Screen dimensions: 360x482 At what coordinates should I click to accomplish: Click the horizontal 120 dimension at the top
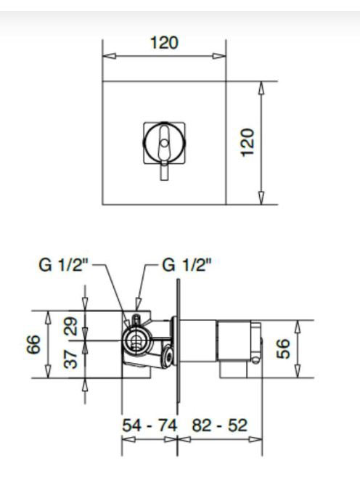(x=164, y=43)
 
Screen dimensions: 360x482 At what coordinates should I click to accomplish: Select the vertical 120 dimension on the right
(x=247, y=142)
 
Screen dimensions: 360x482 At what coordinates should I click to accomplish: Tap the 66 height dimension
(x=33, y=344)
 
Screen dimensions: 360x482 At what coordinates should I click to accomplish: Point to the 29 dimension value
(x=70, y=326)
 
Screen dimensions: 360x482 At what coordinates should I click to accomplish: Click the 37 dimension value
(x=70, y=359)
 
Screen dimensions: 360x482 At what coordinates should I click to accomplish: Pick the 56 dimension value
(x=283, y=348)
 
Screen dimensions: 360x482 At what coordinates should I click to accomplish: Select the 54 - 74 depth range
(x=150, y=425)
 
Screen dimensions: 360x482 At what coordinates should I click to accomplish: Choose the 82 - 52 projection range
(x=219, y=425)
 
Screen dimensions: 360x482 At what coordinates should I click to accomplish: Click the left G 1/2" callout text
(x=63, y=265)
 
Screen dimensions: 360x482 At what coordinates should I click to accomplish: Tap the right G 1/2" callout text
(x=187, y=265)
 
